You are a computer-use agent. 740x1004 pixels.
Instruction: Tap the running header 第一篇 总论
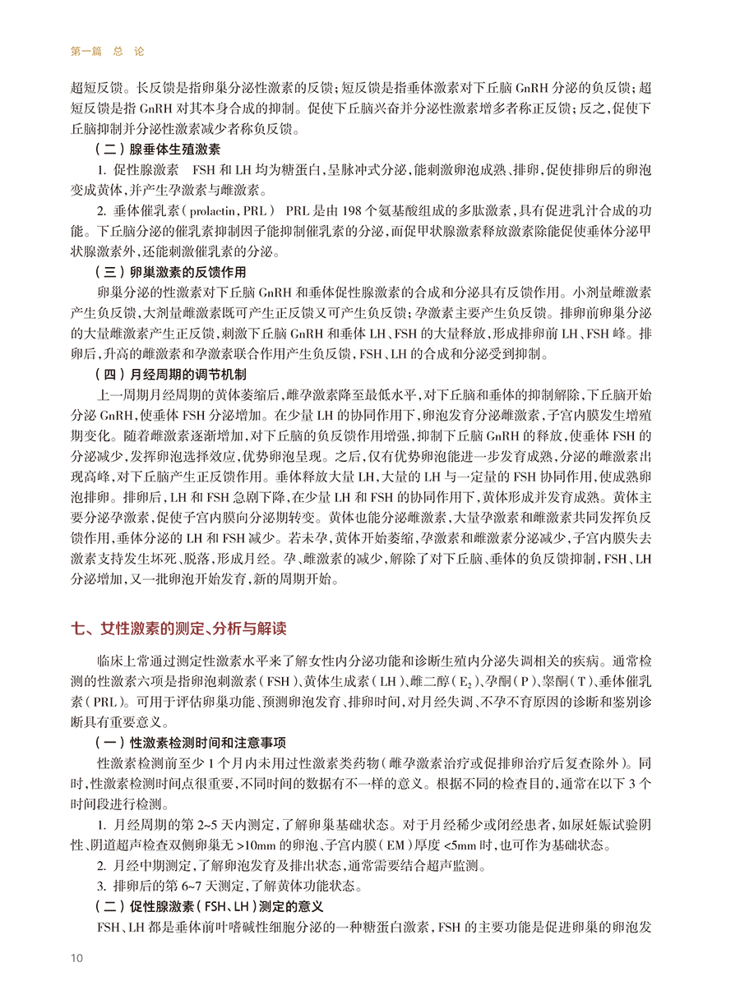(x=108, y=51)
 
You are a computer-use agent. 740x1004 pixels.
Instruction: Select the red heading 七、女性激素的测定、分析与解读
(x=179, y=630)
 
